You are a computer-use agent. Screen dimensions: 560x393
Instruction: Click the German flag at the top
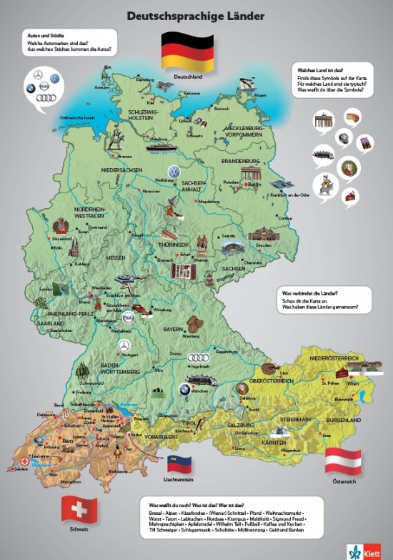tap(187, 51)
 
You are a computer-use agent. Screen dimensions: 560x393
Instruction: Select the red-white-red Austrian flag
tap(342, 462)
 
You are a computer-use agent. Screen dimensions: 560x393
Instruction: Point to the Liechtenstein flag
tap(181, 463)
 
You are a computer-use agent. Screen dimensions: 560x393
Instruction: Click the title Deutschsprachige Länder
tap(195, 14)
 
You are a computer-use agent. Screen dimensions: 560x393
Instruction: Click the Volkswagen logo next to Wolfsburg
tap(172, 172)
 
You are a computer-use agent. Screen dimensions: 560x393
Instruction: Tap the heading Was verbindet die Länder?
tap(311, 294)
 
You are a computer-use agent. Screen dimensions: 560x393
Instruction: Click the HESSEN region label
tap(116, 257)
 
